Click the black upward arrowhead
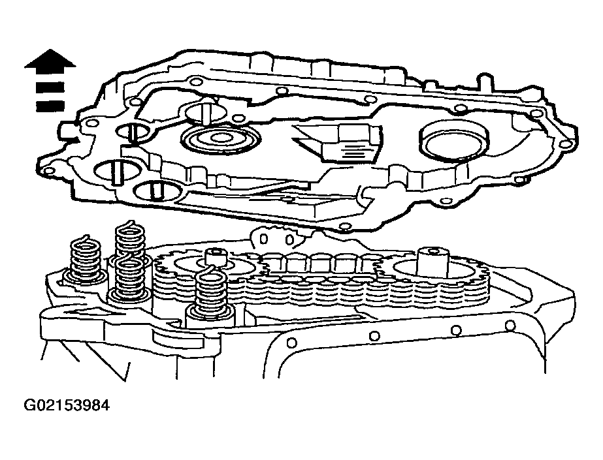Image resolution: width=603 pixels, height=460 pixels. click(50, 61)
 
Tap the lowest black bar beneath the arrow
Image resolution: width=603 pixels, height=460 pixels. click(50, 106)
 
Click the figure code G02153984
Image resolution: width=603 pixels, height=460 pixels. click(67, 405)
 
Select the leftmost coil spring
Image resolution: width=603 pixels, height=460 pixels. click(86, 259)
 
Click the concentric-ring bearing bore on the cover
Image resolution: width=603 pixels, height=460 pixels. click(220, 138)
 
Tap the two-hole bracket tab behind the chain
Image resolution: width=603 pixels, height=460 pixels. click(276, 238)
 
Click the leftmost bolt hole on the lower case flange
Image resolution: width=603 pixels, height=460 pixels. click(292, 342)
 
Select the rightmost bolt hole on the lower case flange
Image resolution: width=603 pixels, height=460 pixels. click(510, 326)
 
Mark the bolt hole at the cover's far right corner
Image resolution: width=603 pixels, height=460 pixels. click(564, 144)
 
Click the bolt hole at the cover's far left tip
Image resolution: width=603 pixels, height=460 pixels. click(48, 170)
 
